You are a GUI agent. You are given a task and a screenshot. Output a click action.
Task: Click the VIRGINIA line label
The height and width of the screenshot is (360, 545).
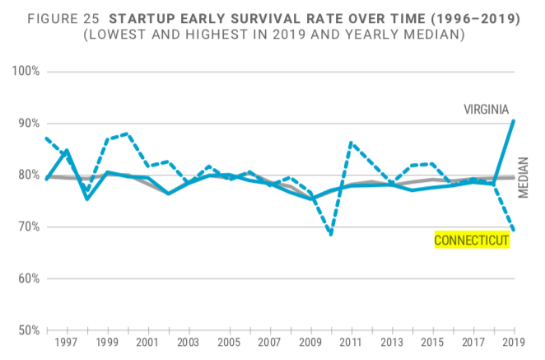486,110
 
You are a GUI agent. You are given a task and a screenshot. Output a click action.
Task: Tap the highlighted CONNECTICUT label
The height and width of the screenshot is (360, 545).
472,240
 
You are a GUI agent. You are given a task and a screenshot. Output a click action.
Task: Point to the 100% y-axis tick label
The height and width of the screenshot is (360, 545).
26,72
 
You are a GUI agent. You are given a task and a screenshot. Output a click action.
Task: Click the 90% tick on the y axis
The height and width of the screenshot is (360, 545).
28,124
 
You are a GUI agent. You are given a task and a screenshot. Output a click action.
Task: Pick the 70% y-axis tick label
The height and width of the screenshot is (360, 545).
28,227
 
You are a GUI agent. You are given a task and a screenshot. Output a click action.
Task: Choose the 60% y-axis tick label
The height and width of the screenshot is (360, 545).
28,278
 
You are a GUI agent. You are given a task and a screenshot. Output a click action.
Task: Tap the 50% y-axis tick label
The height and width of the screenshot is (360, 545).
28,330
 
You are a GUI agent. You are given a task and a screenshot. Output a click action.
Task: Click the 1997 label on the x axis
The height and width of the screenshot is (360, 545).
66,343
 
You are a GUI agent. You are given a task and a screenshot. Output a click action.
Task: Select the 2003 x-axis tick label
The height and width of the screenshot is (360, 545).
189,343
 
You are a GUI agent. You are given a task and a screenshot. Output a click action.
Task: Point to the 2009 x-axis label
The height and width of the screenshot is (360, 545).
311,343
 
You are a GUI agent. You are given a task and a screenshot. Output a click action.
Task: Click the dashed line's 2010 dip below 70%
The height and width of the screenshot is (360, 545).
331,235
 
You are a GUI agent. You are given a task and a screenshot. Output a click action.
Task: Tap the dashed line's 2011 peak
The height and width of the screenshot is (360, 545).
352,143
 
